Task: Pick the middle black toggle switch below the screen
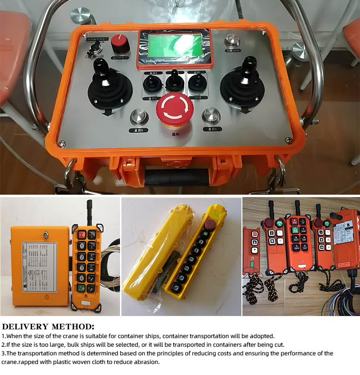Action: click(x=175, y=83)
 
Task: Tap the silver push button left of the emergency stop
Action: click(x=139, y=117)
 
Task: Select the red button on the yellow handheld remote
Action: click(x=82, y=234)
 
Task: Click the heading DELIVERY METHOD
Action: click(x=48, y=327)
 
